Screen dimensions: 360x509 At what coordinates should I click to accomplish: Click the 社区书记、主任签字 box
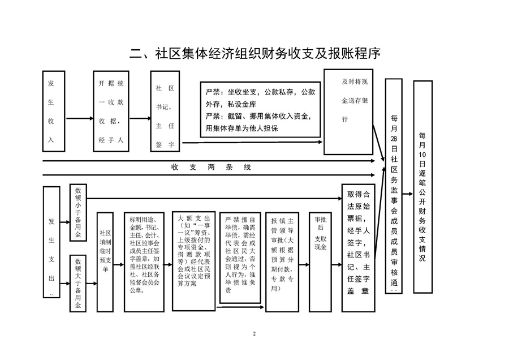tap(165, 112)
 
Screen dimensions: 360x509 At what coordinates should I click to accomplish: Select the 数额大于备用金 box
tap(78, 283)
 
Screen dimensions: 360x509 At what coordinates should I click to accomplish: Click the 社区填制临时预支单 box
tap(105, 261)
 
